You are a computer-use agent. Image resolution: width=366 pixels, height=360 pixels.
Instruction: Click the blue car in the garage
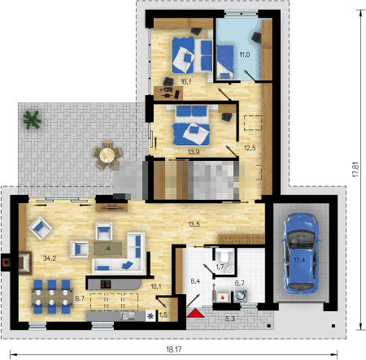pyautogui.click(x=301, y=254)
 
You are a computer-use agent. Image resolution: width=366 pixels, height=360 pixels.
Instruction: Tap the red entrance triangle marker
pyautogui.click(x=195, y=314)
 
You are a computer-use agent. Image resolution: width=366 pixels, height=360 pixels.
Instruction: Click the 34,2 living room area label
pyautogui.click(x=50, y=258)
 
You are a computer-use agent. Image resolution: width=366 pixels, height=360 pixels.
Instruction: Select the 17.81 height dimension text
pyautogui.click(x=355, y=170)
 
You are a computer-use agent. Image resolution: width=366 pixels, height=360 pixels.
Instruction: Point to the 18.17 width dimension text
pyautogui.click(x=174, y=349)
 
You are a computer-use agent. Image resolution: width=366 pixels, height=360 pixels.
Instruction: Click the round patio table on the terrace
pyautogui.click(x=107, y=155)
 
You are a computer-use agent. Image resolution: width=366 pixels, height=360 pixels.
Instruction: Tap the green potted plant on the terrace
pyautogui.click(x=32, y=119)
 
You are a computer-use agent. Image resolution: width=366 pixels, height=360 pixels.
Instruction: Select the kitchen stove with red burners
pyautogui.click(x=106, y=284)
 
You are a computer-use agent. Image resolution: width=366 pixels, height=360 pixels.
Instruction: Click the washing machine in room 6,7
pyautogui.click(x=240, y=296)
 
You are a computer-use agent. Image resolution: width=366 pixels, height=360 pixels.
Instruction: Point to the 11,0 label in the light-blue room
pyautogui.click(x=245, y=54)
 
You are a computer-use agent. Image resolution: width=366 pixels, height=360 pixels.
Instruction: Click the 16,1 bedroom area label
pyautogui.click(x=185, y=81)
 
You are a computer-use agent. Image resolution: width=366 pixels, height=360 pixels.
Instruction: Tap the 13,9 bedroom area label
pyautogui.click(x=194, y=152)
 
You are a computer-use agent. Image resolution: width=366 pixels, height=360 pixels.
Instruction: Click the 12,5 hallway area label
pyautogui.click(x=250, y=148)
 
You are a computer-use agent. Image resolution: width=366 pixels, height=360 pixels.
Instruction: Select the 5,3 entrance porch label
pyautogui.click(x=229, y=319)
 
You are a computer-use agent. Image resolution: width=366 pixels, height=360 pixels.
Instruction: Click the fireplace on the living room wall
pyautogui.click(x=25, y=262)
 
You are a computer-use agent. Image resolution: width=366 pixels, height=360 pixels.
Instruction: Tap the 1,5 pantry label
pyautogui.click(x=163, y=314)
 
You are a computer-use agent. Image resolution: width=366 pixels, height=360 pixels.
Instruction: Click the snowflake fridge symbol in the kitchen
pyautogui.click(x=150, y=315)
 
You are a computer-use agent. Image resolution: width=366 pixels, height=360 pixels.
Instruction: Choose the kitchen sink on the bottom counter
pyautogui.click(x=128, y=315)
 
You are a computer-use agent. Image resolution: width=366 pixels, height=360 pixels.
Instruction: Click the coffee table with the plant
pyautogui.click(x=108, y=249)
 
